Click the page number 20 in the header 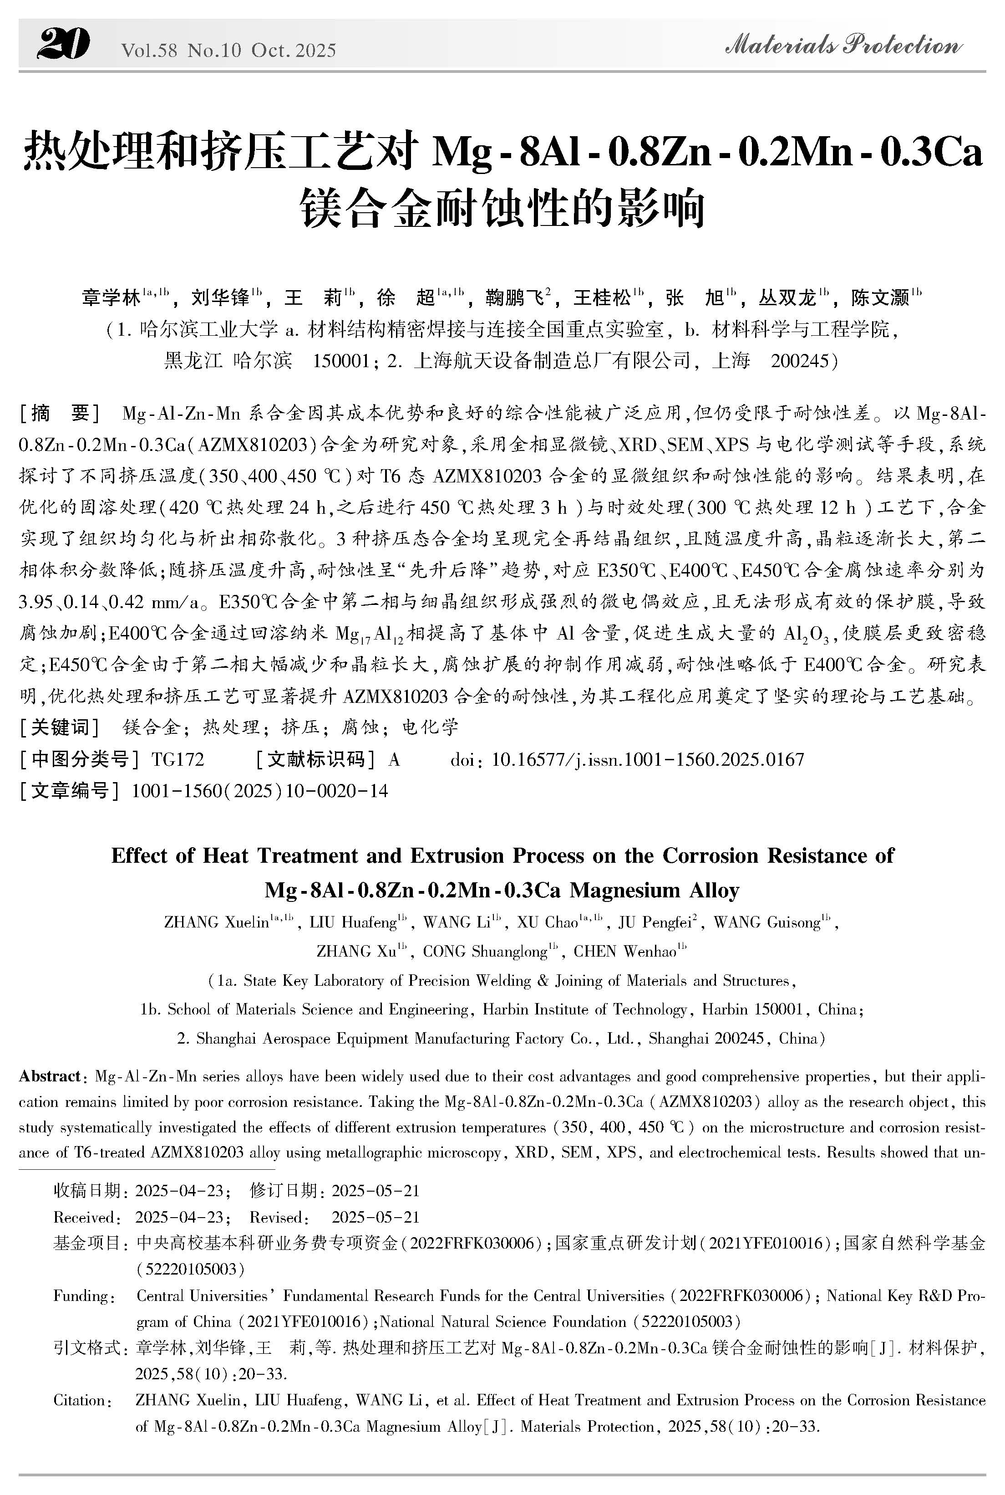[63, 46]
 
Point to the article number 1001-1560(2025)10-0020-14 [259, 791]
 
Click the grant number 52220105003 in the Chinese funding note [190, 1269]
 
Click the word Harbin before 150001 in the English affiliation [725, 1009]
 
